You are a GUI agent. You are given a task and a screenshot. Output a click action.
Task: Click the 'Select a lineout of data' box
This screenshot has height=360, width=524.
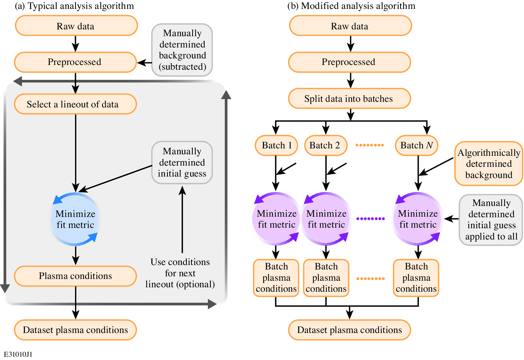(x=75, y=104)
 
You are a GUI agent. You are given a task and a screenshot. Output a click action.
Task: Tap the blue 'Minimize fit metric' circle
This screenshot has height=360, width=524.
(x=75, y=219)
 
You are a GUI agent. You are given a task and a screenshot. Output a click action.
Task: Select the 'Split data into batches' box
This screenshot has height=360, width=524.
(x=349, y=99)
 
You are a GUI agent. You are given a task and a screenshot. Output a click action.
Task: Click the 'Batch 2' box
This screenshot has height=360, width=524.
(x=325, y=145)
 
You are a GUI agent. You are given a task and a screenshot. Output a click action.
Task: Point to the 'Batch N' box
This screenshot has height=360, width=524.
(x=416, y=145)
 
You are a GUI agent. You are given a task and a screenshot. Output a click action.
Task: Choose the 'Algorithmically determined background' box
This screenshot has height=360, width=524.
(x=488, y=164)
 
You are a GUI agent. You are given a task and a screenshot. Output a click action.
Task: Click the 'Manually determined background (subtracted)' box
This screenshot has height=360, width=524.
(x=182, y=50)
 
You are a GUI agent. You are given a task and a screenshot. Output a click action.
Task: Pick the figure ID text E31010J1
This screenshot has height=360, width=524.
(x=18, y=354)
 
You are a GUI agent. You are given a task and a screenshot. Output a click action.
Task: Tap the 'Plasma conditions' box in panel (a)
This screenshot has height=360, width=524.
(x=75, y=276)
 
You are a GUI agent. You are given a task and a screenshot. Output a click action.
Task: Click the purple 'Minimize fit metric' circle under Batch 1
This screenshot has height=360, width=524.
(x=276, y=219)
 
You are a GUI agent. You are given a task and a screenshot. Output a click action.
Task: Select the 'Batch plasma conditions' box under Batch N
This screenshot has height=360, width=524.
(x=416, y=278)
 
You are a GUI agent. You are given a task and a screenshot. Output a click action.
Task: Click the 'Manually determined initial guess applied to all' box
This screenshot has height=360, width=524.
(x=491, y=220)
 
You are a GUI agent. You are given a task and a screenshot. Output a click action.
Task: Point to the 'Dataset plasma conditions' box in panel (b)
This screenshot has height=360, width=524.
(x=349, y=330)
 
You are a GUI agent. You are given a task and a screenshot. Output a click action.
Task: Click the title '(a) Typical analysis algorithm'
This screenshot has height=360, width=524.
(x=74, y=6)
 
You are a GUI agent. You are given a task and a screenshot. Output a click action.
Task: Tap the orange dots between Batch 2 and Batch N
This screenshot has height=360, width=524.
(x=370, y=145)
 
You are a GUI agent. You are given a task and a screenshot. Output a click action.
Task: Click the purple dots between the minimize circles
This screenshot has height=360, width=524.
(x=370, y=219)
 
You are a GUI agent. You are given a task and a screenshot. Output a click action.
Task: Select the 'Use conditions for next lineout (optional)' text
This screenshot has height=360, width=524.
(x=180, y=273)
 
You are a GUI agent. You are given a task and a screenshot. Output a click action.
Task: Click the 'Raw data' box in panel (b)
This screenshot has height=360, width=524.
(x=350, y=26)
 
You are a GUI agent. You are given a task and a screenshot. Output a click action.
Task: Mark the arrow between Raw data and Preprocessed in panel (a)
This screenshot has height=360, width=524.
(x=76, y=44)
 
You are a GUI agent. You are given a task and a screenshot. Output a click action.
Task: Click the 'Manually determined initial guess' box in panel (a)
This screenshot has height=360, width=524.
(x=182, y=162)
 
